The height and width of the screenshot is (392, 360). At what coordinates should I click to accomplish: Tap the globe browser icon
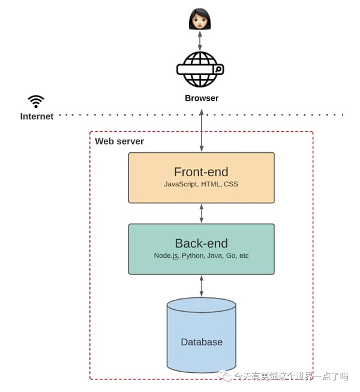click(200, 70)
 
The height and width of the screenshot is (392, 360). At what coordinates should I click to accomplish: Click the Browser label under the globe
click(202, 98)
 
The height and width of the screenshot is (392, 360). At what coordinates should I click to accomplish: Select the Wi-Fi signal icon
click(36, 101)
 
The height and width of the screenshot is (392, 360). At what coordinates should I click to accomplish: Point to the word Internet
click(37, 116)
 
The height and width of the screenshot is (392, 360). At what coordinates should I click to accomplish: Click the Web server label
click(119, 141)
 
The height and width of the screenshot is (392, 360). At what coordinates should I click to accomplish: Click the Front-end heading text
click(201, 172)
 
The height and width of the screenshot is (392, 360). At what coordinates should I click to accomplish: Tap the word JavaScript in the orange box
click(180, 184)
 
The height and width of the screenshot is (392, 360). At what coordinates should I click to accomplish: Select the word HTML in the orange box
click(210, 184)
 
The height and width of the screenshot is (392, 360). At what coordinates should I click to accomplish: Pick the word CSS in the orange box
click(230, 184)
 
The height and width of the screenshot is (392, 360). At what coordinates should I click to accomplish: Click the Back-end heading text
click(201, 243)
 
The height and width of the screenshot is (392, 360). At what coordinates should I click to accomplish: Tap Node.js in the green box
click(166, 256)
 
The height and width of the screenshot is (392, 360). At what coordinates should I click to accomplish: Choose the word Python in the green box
click(193, 256)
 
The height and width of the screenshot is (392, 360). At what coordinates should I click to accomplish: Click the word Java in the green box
click(215, 256)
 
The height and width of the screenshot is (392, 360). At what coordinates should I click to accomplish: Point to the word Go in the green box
click(230, 256)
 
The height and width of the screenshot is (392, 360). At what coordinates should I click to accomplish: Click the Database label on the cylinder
click(202, 342)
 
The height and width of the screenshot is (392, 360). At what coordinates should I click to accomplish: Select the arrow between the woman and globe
click(200, 41)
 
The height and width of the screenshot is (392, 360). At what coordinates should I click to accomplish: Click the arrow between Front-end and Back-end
click(202, 213)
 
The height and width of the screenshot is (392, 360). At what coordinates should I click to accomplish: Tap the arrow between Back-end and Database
click(202, 285)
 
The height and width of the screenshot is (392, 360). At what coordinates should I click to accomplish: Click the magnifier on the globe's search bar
click(218, 70)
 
